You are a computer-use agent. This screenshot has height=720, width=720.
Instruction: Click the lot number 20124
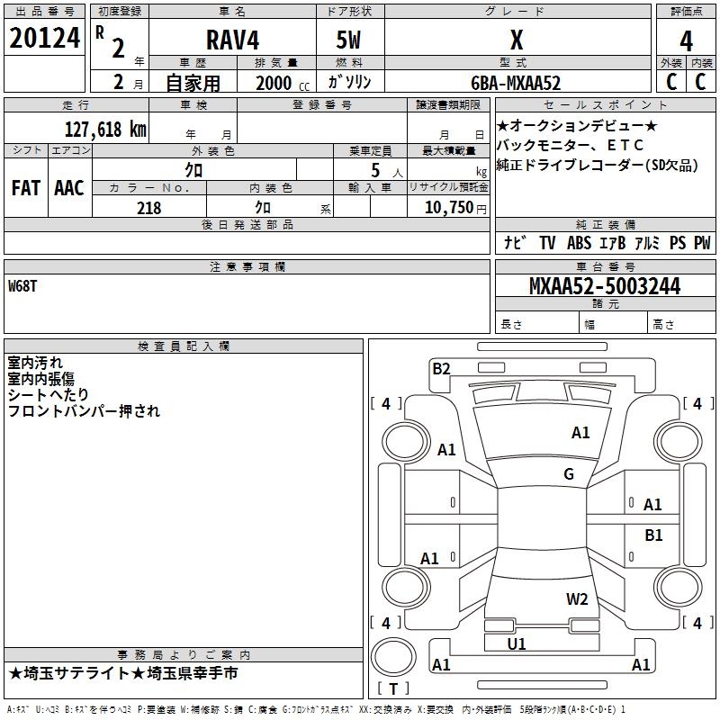click(44, 39)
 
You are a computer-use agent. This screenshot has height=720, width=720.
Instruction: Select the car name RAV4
click(229, 40)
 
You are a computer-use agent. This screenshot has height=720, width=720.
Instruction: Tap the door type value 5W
click(350, 40)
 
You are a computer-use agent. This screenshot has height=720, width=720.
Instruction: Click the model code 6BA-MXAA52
click(516, 83)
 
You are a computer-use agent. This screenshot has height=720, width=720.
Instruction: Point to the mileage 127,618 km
click(105, 129)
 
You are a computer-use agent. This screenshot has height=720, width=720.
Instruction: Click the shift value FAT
click(25, 188)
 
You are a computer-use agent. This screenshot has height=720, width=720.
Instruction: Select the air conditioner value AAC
click(69, 188)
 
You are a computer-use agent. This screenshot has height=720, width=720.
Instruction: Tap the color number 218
click(148, 208)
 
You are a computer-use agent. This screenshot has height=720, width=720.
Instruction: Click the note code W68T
click(22, 286)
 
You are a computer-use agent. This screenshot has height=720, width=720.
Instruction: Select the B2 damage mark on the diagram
click(441, 367)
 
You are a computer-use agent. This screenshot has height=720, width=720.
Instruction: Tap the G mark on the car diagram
click(569, 474)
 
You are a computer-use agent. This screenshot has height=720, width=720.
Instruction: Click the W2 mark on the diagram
click(577, 599)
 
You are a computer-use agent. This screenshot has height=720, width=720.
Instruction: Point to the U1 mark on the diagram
click(517, 643)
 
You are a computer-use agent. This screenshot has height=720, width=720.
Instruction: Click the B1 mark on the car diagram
click(653, 535)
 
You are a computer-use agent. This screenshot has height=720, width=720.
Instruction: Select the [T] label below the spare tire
click(393, 689)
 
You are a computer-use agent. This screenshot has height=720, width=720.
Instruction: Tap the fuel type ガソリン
click(350, 83)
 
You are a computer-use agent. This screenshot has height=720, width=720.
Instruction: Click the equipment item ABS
click(579, 243)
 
